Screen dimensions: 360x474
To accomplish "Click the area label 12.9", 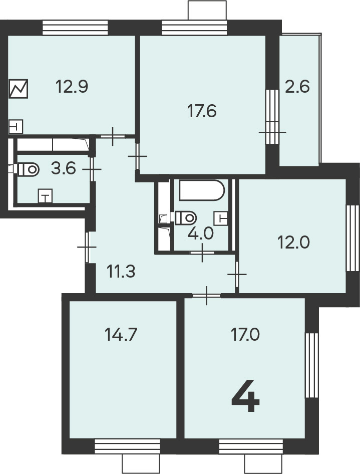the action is point(72,87).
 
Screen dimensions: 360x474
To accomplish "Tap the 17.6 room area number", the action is point(202,111).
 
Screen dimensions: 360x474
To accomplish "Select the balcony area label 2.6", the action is point(297,87).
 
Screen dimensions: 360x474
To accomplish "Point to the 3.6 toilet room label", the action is point(64,168).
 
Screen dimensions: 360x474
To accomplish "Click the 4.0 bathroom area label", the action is point(201,233).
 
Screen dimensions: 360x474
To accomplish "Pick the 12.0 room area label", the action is point(293,242).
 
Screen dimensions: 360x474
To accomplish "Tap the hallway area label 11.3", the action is point(121,271).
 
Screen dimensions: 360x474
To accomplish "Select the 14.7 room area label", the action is point(121,334).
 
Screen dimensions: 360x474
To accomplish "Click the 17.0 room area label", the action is point(245,334).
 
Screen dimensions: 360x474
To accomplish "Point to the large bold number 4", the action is point(245,397).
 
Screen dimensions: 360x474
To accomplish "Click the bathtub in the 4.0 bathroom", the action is point(202,190).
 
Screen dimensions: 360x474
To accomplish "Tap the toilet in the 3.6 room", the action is point(29,169).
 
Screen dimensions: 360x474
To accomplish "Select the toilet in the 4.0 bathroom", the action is point(186,217).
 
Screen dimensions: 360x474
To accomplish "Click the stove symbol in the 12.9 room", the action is point(19,89).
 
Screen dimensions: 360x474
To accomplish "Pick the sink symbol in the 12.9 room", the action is point(16,127).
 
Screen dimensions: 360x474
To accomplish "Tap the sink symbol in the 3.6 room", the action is point(45,196).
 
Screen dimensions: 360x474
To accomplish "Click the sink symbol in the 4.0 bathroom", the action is point(221,218).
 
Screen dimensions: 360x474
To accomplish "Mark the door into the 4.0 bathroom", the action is point(202,253).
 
